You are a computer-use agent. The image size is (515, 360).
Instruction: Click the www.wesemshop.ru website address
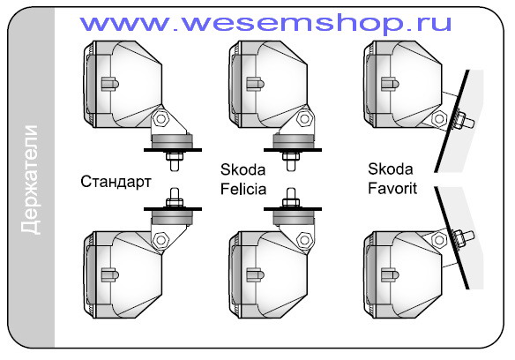point(265,22)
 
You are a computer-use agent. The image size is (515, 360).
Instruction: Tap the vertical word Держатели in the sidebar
point(31,180)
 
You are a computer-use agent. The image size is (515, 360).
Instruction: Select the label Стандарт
point(116,182)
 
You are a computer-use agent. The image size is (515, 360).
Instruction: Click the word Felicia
point(243,189)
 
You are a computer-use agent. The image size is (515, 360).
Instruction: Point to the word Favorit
point(392,189)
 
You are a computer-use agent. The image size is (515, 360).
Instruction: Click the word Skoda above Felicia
point(243,169)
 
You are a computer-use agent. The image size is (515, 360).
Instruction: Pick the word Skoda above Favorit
point(390,169)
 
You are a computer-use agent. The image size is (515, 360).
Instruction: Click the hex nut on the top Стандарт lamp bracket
point(160,119)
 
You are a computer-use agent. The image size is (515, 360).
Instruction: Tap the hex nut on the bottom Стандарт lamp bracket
point(160,240)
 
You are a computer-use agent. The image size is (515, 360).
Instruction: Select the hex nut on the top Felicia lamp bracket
point(304,119)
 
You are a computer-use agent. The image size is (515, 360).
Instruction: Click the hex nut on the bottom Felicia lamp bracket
point(304,240)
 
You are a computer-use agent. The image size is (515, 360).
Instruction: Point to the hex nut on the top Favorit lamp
point(439,119)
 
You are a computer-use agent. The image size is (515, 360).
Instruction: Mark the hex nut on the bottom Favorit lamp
point(439,239)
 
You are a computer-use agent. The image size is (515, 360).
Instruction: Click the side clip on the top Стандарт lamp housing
point(109,84)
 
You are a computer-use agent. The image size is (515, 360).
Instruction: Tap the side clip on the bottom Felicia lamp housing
point(255,274)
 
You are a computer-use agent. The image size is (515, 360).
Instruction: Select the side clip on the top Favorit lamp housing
point(390,84)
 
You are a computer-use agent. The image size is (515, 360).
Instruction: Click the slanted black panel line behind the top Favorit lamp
point(452,121)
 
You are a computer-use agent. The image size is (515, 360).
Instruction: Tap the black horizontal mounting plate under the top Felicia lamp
point(293,150)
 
